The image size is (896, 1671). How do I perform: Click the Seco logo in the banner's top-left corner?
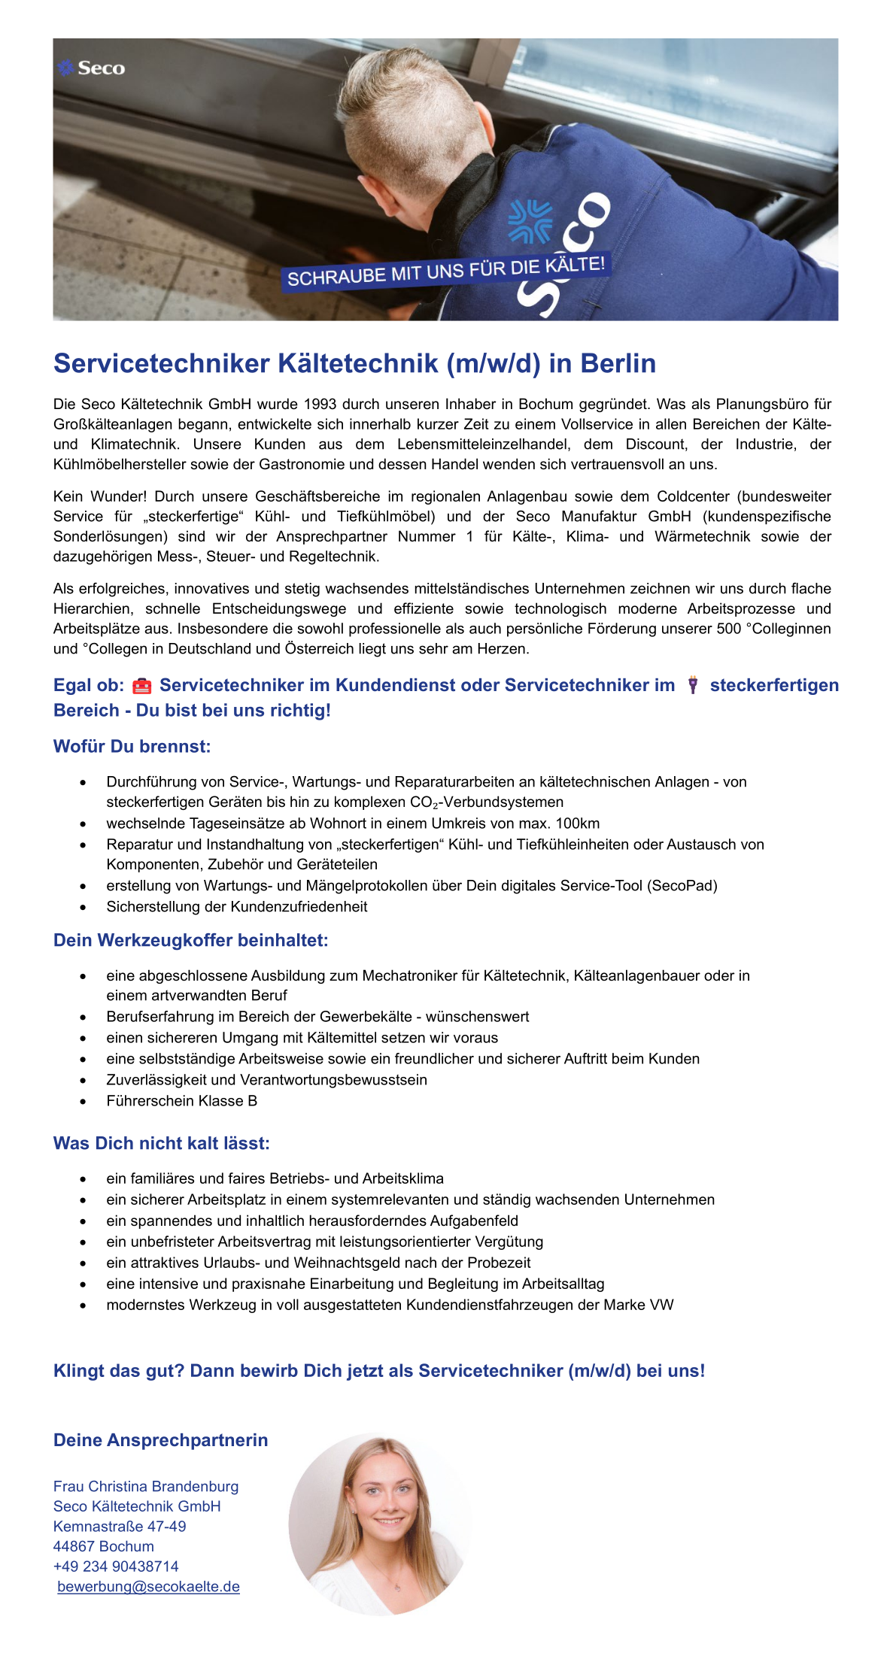[x=92, y=68]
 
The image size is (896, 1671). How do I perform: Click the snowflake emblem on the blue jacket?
[x=530, y=222]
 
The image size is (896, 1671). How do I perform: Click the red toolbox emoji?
[x=141, y=686]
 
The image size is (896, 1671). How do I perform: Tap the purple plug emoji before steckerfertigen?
[x=692, y=685]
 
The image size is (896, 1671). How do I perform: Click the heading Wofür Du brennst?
[x=132, y=747]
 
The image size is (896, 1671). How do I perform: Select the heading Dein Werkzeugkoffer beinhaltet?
[x=190, y=940]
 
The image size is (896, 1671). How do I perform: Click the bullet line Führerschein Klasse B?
[x=181, y=1101]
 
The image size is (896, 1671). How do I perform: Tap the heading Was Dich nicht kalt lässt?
[x=161, y=1144]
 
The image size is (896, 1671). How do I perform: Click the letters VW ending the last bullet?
[x=663, y=1305]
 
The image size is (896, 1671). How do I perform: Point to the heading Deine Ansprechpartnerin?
[x=160, y=1440]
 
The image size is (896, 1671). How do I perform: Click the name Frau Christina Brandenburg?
[x=146, y=1487]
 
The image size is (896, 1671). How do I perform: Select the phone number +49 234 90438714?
[x=116, y=1566]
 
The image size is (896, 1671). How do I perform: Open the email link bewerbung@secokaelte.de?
[x=148, y=1587]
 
